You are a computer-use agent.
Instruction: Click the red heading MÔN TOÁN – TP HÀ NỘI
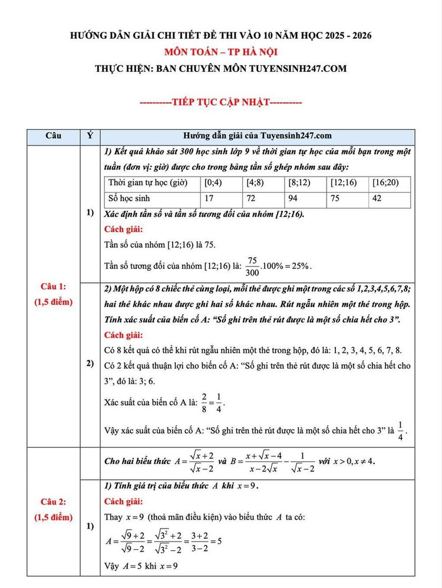[x=220, y=52]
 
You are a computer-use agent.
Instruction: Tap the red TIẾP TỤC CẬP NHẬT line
[x=220, y=102]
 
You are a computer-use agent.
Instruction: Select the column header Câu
[x=54, y=136]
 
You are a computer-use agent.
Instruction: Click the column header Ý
[x=90, y=136]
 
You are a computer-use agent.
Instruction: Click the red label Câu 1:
[x=53, y=287]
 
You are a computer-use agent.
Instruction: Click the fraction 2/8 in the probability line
[x=204, y=403]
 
